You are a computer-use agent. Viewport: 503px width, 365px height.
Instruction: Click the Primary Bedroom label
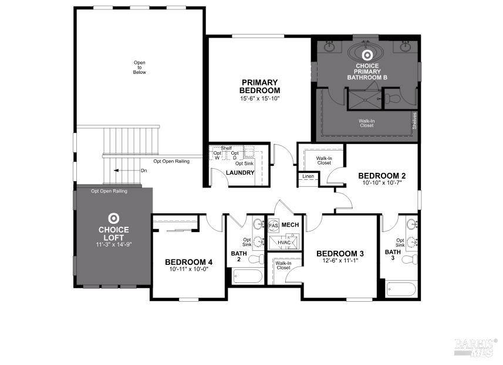coord(259,86)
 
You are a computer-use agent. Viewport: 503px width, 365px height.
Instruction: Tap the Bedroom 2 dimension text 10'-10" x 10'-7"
coord(382,183)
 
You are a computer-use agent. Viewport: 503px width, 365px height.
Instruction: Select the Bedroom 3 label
coord(340,253)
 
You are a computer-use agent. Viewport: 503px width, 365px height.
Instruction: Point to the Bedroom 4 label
coord(188,261)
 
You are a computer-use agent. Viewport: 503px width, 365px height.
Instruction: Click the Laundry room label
coord(240,173)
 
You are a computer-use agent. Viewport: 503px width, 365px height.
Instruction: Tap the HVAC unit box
coord(285,242)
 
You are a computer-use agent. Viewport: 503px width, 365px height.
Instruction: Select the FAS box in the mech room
coord(274,225)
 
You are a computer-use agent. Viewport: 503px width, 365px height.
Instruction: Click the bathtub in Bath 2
coord(245,276)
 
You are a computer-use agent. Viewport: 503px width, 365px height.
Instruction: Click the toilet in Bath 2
coord(256,259)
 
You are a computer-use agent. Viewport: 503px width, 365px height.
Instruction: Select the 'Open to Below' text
coord(139,67)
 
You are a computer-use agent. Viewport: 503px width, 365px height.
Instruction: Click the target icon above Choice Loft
coord(113,218)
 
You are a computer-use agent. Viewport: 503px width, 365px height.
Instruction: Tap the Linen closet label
coord(308,176)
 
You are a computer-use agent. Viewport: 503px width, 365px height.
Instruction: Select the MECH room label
coord(290,224)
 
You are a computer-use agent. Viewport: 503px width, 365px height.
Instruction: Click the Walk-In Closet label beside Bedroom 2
coord(323,160)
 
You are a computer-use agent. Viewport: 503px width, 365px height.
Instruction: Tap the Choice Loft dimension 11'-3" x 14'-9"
coord(113,244)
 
